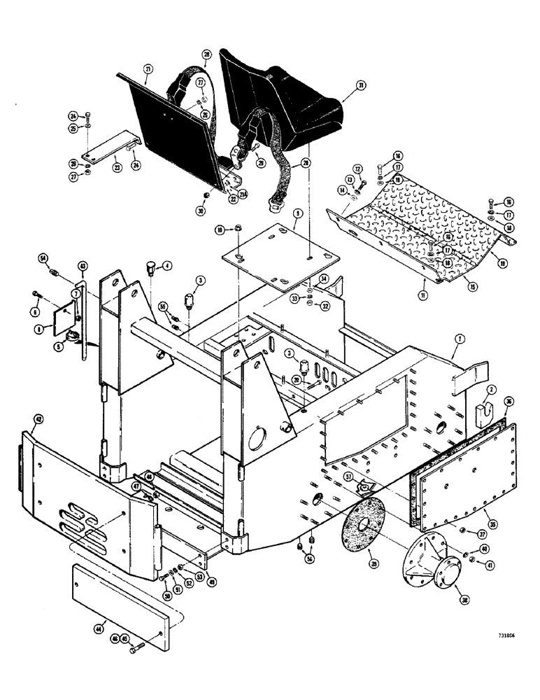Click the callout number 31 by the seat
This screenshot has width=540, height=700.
[360, 86]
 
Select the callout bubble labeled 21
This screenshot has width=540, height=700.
[148, 69]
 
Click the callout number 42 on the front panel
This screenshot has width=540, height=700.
[38, 421]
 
